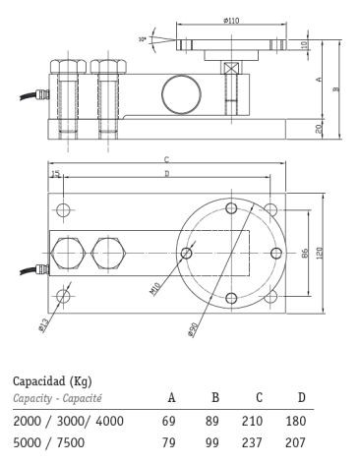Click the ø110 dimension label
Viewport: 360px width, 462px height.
click(x=231, y=21)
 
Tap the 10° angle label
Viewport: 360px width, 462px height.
click(x=143, y=39)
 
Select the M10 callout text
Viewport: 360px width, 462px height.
click(x=155, y=289)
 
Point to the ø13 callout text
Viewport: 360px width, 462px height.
click(x=43, y=325)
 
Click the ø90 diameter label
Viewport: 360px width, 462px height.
click(x=193, y=329)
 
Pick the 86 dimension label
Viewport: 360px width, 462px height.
click(x=305, y=254)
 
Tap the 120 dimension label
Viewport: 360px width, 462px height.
click(x=320, y=254)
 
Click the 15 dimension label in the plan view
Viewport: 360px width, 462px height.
click(x=56, y=174)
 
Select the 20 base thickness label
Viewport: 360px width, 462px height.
click(x=319, y=129)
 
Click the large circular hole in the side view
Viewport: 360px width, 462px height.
click(x=181, y=94)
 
